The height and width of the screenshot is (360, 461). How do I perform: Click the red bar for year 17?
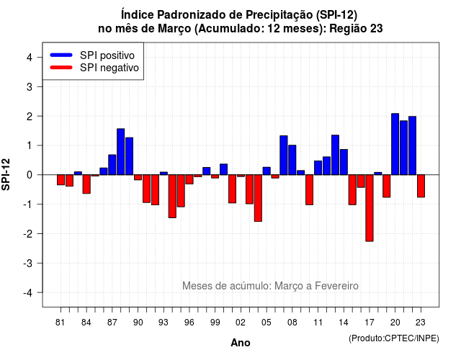[370, 208]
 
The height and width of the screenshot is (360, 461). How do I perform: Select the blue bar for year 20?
[395, 144]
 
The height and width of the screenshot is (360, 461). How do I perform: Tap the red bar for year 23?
[421, 186]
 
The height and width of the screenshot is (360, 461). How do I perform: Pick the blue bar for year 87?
[112, 165]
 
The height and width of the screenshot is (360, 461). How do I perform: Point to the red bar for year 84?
[86, 184]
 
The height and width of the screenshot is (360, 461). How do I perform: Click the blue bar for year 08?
[292, 160]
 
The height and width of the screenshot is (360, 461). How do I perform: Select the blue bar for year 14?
[344, 162]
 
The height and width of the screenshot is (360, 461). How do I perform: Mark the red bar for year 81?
[61, 180]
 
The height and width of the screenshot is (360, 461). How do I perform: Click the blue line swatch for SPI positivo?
[61, 55]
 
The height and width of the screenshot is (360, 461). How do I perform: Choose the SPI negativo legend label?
[109, 68]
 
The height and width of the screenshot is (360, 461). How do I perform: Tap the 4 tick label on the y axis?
[29, 58]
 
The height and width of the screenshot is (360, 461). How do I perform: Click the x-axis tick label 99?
[215, 323]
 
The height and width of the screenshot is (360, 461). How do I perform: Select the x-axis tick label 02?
[241, 323]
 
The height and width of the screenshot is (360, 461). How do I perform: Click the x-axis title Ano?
[241, 343]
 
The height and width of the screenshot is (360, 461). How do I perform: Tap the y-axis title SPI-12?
[6, 174]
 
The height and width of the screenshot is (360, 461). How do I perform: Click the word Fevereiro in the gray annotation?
[336, 286]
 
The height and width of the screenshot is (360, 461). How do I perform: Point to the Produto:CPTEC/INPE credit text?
[394, 338]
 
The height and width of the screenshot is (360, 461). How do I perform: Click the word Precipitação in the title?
[280, 14]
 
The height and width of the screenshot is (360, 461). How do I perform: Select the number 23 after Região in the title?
[376, 29]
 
